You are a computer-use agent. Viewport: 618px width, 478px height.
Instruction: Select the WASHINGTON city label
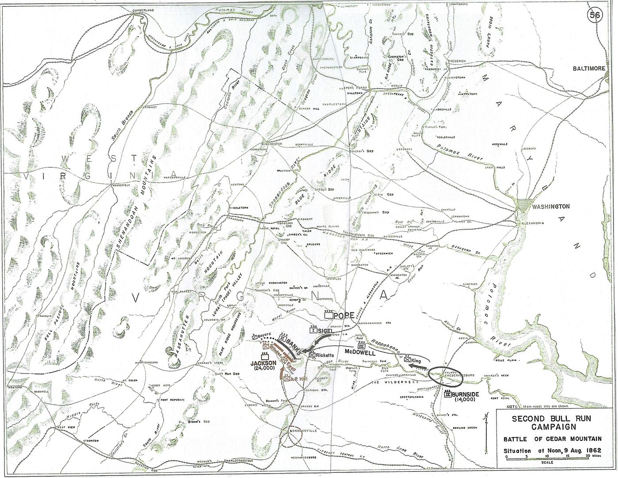click(550, 206)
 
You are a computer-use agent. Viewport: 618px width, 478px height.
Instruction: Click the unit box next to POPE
click(328, 316)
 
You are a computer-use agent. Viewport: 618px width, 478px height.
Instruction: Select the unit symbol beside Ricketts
click(312, 355)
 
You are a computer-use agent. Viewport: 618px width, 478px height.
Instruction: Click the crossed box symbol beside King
click(407, 360)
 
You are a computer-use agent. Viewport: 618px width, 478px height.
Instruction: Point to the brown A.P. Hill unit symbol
click(287, 378)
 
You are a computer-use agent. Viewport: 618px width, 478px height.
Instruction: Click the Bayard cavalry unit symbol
click(254, 336)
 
